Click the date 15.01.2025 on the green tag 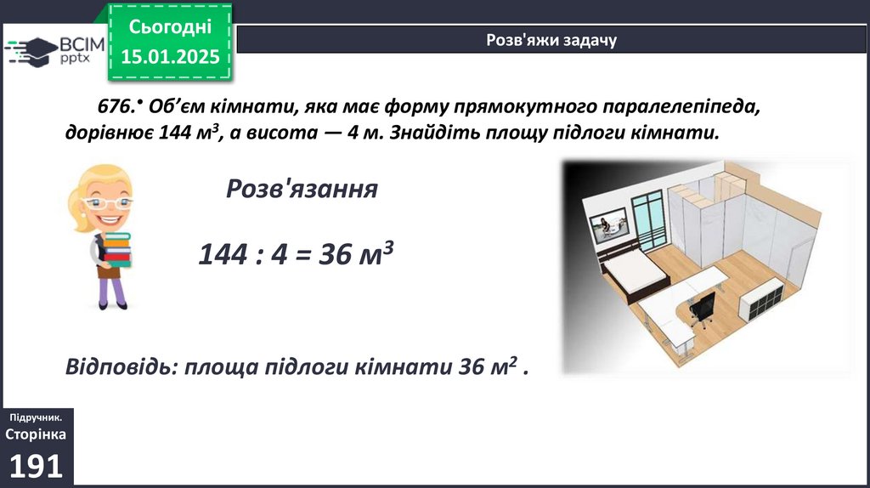pos(170,57)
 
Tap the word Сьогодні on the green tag pos(170,26)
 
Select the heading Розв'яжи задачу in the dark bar pos(551,40)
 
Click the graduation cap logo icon pos(32,52)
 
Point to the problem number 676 pos(116,106)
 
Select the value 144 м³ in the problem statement pos(189,133)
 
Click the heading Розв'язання pos(302,189)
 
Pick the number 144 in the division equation pos(223,254)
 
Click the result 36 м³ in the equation pos(356,253)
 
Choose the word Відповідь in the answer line pos(121,367)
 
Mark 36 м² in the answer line pos(488,366)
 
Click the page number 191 pos(36,467)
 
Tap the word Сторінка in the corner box pos(36,434)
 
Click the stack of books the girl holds pos(117,249)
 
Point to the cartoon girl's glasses pos(106,203)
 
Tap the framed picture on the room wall pos(608,225)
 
